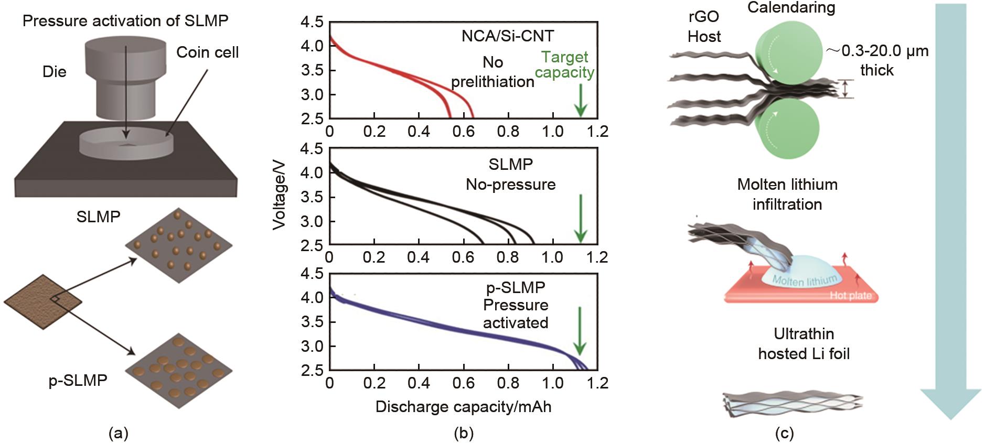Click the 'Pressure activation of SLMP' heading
(x=125, y=21)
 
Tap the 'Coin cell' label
(x=207, y=52)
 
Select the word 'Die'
(x=55, y=72)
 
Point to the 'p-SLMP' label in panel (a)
(x=78, y=380)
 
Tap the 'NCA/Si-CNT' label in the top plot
(x=507, y=36)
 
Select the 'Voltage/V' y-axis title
(x=280, y=195)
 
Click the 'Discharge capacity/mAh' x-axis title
(x=463, y=407)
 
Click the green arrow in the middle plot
(x=580, y=218)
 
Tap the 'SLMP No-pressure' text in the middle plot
(x=510, y=175)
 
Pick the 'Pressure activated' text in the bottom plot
(x=516, y=314)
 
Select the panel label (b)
(x=463, y=433)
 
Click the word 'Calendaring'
(x=791, y=7)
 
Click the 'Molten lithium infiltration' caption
(x=787, y=194)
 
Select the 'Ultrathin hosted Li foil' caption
(x=804, y=344)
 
